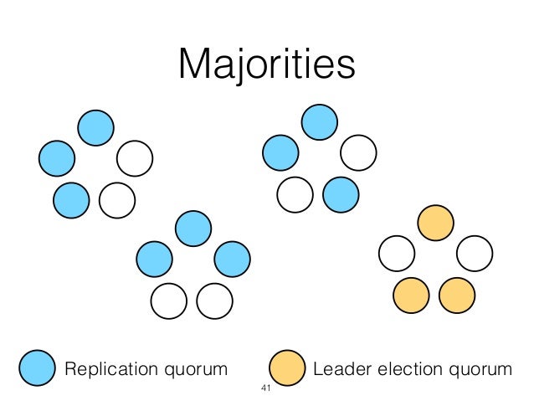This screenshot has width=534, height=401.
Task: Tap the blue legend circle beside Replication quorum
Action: pyautogui.click(x=38, y=368)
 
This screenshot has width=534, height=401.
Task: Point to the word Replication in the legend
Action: pyautogui.click(x=100, y=368)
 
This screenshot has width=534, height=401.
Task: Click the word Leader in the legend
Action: pyautogui.click(x=338, y=368)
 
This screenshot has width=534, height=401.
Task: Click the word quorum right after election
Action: pyautogui.click(x=478, y=369)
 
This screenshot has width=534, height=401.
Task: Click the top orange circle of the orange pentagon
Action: pyautogui.click(x=435, y=222)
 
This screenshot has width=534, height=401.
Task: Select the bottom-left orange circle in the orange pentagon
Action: pyautogui.click(x=411, y=295)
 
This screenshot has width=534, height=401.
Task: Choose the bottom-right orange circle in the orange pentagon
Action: pyautogui.click(x=457, y=295)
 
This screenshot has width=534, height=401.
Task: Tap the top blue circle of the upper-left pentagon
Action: pyautogui.click(x=95, y=126)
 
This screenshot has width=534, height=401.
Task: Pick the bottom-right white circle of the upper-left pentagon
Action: pyautogui.click(x=116, y=199)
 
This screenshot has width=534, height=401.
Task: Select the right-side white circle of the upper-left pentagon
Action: pyautogui.click(x=134, y=157)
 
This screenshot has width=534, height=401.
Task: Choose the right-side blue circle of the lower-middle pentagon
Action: pyautogui.click(x=231, y=259)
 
